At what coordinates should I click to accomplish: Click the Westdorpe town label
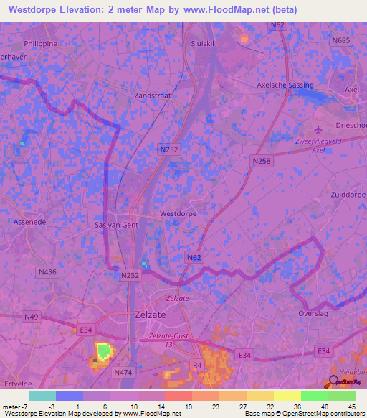178,213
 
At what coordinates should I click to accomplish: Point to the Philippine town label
40,43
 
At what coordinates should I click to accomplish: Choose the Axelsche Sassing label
285,85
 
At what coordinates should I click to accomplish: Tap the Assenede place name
29,223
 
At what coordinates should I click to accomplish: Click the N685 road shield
341,40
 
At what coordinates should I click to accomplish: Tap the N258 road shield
262,162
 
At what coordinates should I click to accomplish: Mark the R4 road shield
196,365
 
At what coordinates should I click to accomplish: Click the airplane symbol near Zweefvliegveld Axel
319,129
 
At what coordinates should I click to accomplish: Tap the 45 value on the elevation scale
352,406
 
